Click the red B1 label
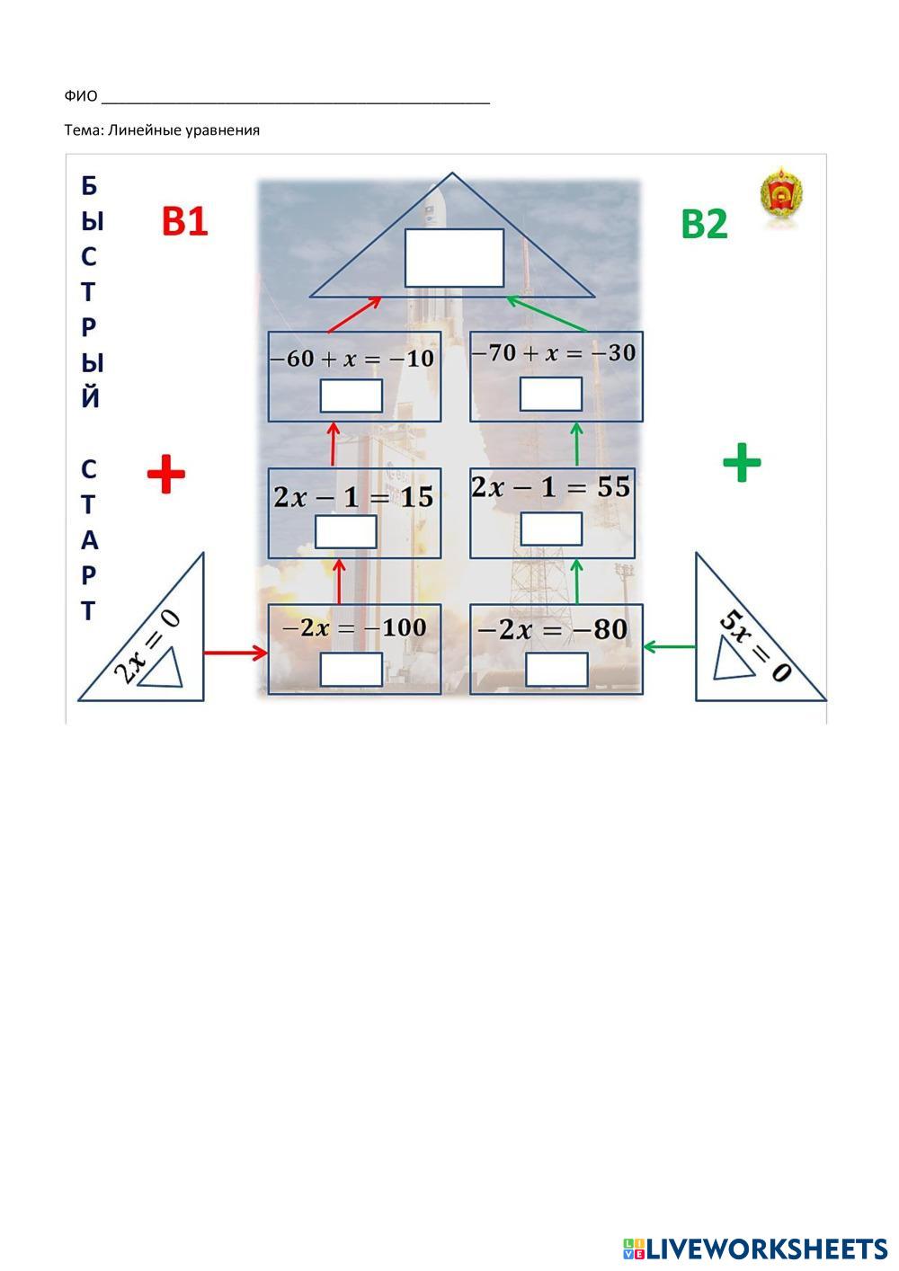[x=184, y=221]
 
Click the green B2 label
[x=704, y=224]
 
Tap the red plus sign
[x=166, y=474]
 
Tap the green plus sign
[x=742, y=463]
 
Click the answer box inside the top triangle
[x=454, y=258]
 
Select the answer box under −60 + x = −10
[x=352, y=396]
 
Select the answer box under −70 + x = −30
[x=551, y=394]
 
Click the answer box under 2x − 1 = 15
[x=346, y=531]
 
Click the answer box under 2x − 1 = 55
[x=551, y=529]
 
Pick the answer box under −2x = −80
[x=556, y=670]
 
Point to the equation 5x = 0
[x=753, y=645]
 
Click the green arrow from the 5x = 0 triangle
[x=670, y=645]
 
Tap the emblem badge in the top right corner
[x=781, y=196]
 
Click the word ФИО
[x=81, y=96]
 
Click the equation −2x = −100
[x=354, y=627]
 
